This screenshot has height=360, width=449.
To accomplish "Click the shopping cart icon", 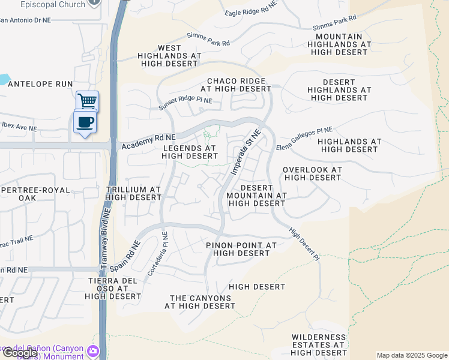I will [x=87, y=101].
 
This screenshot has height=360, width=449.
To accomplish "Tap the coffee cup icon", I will [x=85, y=122].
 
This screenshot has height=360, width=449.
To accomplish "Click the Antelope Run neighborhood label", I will [x=41, y=85].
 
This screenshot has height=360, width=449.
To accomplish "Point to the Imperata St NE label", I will [x=246, y=152].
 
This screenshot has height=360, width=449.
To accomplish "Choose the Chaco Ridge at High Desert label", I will [x=236, y=85].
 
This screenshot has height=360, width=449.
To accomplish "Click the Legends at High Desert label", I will [x=189, y=152].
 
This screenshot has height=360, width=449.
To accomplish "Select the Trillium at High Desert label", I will [x=133, y=193].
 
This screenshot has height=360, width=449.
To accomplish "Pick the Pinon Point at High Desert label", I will [x=241, y=249].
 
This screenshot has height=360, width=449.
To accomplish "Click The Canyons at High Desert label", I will [x=200, y=302].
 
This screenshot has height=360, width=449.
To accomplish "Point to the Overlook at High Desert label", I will [x=312, y=173].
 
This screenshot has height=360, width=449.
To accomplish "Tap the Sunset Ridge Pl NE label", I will [x=185, y=104].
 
